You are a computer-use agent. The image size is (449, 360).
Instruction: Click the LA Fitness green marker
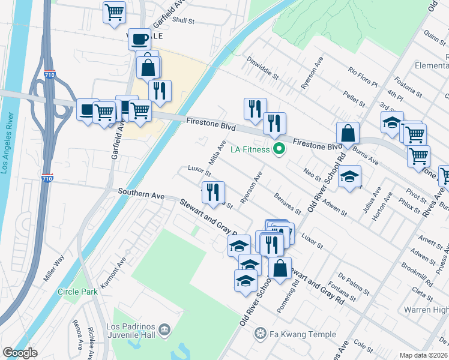click(x=278, y=149)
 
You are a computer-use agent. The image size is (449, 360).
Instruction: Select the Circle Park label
click(x=77, y=292)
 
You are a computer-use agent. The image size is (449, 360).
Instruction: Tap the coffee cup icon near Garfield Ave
click(x=139, y=39)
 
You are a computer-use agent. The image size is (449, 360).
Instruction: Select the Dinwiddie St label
click(x=264, y=68)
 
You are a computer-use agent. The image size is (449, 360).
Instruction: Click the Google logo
click(x=20, y=353)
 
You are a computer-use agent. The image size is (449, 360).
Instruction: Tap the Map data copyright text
click(x=424, y=355)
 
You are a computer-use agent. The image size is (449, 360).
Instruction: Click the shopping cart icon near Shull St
click(x=114, y=11)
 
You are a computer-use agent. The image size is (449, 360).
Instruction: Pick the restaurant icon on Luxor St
click(x=213, y=192)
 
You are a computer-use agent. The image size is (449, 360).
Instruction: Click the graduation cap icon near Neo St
click(x=349, y=176)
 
